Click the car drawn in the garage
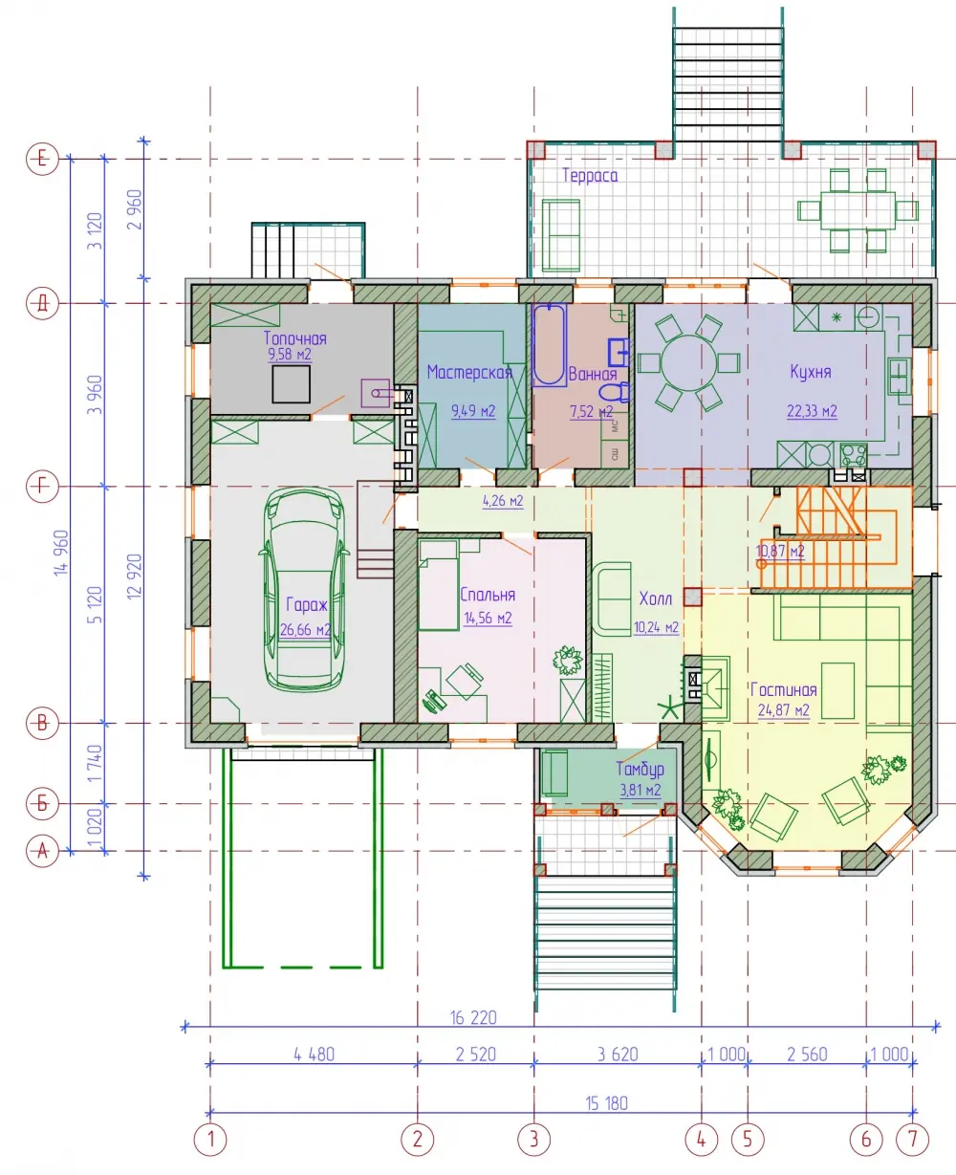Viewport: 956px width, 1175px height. (x=305, y=589)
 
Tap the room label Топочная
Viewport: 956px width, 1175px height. (x=295, y=338)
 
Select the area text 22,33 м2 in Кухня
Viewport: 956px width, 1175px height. (x=812, y=411)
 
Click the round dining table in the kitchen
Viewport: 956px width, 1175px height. (x=689, y=363)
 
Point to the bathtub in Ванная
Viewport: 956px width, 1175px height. (x=549, y=345)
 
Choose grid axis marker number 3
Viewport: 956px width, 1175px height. (x=533, y=1139)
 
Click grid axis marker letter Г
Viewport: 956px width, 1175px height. (x=42, y=487)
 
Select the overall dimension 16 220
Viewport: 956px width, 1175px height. (x=473, y=1017)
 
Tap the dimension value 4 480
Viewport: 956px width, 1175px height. (x=314, y=1055)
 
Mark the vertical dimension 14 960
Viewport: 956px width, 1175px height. (x=61, y=553)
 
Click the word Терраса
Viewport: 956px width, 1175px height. (x=590, y=175)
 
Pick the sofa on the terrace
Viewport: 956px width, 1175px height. (x=561, y=235)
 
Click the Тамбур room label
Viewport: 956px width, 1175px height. (x=640, y=769)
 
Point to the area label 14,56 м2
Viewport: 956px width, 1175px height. (x=488, y=618)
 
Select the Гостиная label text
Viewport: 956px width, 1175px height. (x=783, y=689)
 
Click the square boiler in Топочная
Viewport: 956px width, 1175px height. (x=291, y=384)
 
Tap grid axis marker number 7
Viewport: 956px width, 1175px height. (x=912, y=1139)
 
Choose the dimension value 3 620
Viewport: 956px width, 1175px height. (x=618, y=1055)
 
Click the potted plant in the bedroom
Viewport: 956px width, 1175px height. (x=568, y=661)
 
